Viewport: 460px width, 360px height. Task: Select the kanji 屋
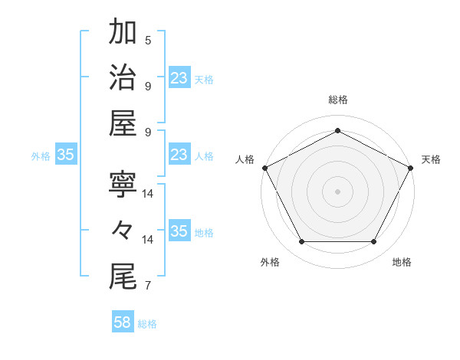click(123, 124)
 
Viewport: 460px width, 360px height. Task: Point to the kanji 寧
click(123, 184)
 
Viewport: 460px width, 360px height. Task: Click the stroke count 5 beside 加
click(148, 40)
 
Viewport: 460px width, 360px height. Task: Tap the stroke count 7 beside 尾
click(148, 286)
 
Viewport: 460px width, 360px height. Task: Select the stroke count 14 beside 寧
click(148, 194)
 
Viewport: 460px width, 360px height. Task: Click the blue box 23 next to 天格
click(179, 78)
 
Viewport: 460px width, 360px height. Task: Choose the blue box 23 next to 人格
click(179, 155)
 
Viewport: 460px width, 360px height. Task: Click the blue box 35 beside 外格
click(65, 155)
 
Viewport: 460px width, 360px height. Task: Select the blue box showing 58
click(123, 322)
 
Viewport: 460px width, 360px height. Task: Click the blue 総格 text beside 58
click(148, 324)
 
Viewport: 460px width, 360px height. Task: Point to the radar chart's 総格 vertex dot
click(337, 130)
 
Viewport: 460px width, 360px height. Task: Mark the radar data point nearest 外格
click(301, 242)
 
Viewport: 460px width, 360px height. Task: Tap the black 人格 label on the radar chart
click(245, 159)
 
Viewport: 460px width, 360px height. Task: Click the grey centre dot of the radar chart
click(337, 191)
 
